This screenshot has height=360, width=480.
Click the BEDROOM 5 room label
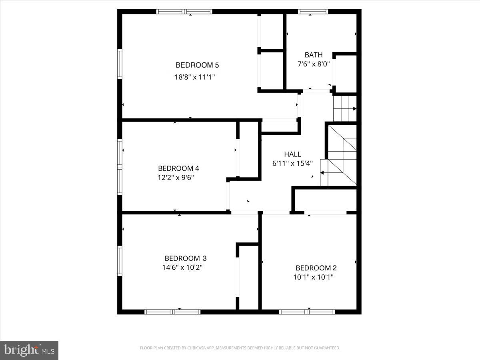(197, 65)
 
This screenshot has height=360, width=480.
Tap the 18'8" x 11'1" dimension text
(195, 77)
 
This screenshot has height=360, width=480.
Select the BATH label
(313, 55)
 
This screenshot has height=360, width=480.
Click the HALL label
(292, 154)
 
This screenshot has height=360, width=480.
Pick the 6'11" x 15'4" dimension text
(292, 163)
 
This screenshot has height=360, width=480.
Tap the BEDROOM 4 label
(178, 168)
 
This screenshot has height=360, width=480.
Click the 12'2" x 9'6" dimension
(176, 177)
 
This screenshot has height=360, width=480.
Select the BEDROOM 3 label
(186, 258)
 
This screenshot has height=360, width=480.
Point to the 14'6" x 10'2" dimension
(182, 268)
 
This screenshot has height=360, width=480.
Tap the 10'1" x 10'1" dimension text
(314, 277)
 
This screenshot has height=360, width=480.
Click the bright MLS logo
(29, 350)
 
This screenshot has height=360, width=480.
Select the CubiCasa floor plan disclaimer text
(240, 348)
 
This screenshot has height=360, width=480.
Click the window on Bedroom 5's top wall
(184, 12)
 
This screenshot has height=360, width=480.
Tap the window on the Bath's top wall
(313, 12)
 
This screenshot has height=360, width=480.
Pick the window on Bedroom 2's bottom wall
(307, 312)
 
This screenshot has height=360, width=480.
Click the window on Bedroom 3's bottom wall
(172, 312)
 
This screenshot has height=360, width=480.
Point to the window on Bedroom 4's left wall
(120, 167)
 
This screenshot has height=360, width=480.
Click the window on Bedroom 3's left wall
(120, 260)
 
